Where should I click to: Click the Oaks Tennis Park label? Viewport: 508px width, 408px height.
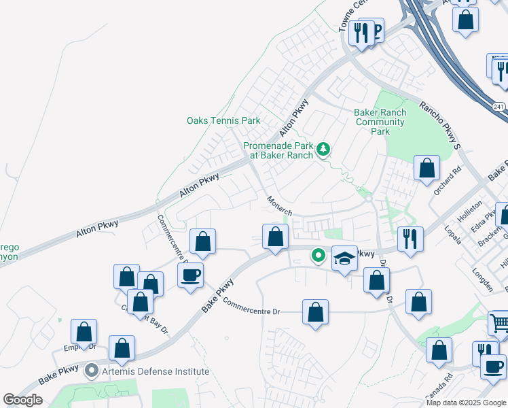point(223,120)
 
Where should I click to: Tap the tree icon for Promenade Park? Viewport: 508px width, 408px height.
point(324,148)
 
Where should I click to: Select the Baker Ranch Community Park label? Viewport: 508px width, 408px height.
point(380,122)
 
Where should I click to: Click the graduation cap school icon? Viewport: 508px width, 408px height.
point(344,258)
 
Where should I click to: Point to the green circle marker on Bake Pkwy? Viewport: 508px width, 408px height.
point(317,256)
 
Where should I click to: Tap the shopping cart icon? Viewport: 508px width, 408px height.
point(500,322)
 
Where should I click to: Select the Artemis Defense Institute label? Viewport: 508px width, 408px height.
point(156,372)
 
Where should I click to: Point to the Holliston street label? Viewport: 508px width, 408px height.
point(473,204)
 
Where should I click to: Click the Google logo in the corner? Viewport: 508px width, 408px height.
point(22,400)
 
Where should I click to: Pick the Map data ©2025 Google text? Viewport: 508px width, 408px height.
point(465,403)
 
